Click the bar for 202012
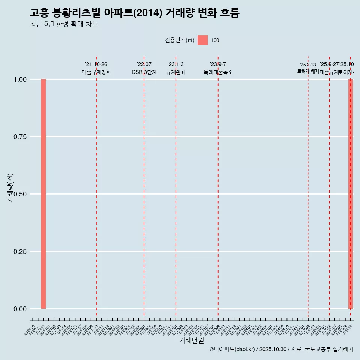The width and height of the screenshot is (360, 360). coord(43,194)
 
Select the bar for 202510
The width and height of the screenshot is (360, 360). coord(351,194)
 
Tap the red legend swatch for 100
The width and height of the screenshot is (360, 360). coord(202,40)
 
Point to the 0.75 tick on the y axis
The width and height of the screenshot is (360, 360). coord(19,137)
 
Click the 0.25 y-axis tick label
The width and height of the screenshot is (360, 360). coord(19,252)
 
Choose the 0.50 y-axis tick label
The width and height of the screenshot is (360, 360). coord(19,194)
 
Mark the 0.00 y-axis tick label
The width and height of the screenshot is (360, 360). coord(19,309)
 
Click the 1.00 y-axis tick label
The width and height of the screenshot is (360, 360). coord(19,79)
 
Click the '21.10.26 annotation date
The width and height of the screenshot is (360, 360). coord(96,64)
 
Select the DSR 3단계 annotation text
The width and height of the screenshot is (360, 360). coord(144,72)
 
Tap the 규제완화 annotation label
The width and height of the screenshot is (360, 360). coord(175,72)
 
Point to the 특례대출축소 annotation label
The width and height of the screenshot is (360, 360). coord(218,72)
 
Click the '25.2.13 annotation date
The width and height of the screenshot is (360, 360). coord(308,65)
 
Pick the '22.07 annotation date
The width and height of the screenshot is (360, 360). coord(144,64)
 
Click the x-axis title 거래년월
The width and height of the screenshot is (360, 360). coord(191,340)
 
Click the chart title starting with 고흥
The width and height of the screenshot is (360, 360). coord(134,13)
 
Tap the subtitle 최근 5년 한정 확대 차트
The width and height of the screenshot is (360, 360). coord(64,24)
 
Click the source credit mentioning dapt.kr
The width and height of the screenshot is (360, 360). coord(281,349)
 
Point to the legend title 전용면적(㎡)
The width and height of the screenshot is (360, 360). coord(180,40)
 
